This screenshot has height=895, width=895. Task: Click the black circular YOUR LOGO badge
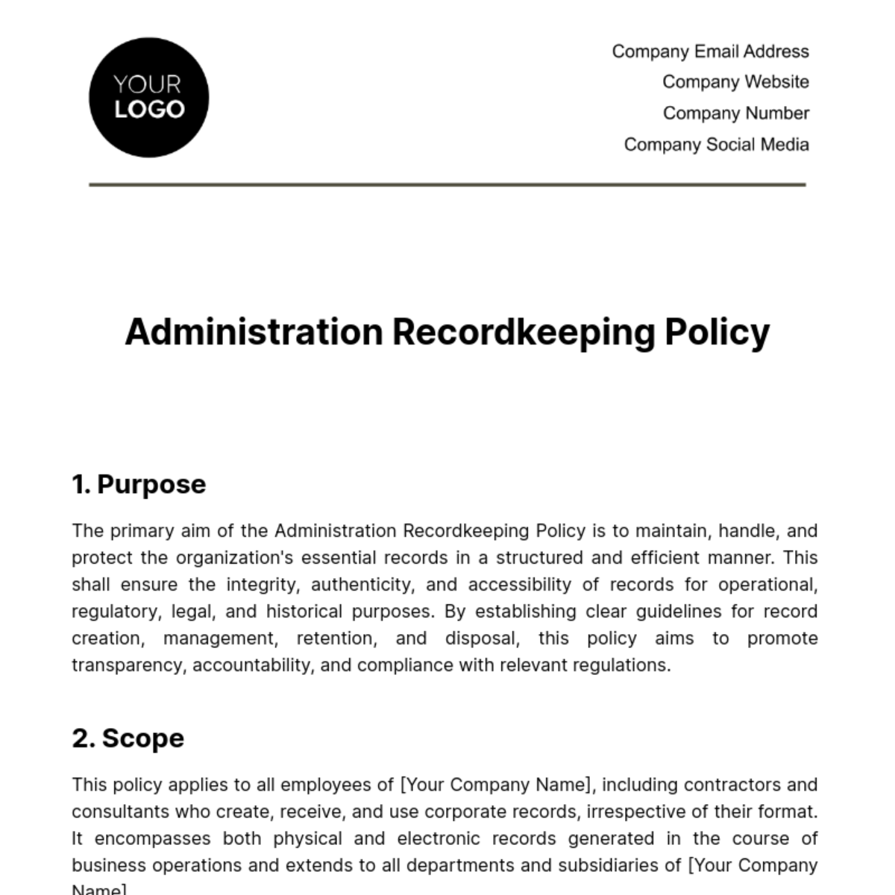click(148, 98)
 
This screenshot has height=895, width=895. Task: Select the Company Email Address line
click(710, 51)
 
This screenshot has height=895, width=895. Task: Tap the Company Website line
click(735, 82)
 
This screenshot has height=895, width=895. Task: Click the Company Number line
click(735, 113)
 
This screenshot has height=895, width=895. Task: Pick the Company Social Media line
click(716, 145)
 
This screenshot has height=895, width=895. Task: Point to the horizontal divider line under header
click(447, 184)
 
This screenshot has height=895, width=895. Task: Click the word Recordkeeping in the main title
click(523, 332)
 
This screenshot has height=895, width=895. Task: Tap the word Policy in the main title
click(717, 332)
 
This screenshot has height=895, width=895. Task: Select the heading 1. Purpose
click(139, 484)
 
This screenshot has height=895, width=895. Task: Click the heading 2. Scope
click(128, 738)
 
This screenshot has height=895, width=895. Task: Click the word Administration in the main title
click(254, 332)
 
